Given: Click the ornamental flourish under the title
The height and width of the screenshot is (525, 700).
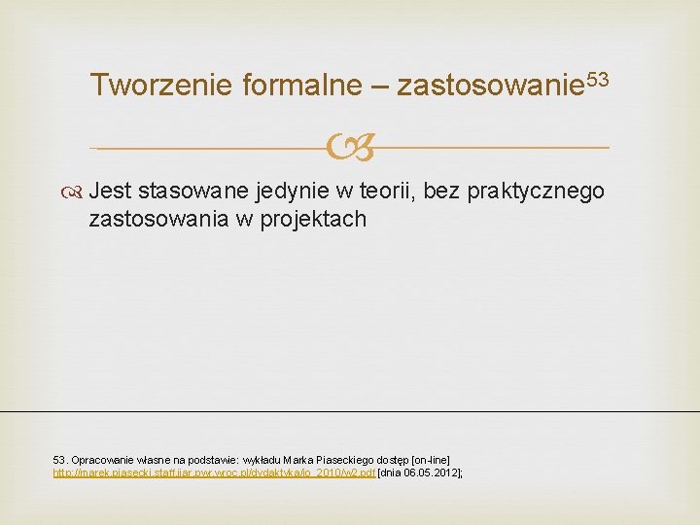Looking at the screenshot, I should pos(350,148).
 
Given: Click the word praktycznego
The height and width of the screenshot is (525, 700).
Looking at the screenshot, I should pos(536,191).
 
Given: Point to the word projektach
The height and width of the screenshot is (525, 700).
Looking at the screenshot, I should pos(316,219).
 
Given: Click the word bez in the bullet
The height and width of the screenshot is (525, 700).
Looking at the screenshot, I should pos(441,191).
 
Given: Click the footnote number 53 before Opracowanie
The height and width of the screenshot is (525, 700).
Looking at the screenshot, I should pos(58,458).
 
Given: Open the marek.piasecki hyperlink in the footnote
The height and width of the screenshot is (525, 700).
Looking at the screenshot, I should pos(213,472).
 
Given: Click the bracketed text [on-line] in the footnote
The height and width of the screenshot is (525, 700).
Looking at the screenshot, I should pos(431,458).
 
